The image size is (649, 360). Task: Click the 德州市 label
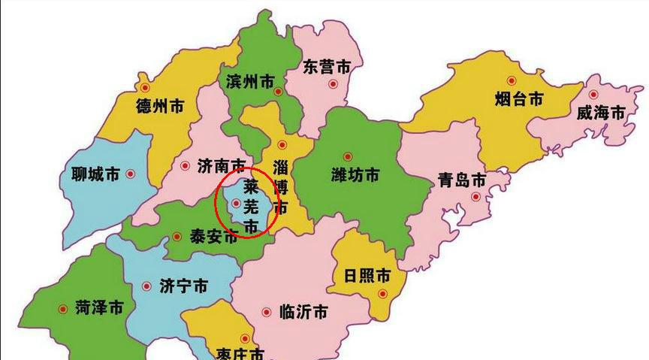(x=159, y=106)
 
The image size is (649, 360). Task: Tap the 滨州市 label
(x=249, y=82)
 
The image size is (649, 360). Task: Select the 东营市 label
(x=326, y=66)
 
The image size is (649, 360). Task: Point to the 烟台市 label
(x=519, y=98)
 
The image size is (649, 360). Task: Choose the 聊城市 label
(x=91, y=175)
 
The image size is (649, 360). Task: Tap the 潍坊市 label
(x=355, y=175)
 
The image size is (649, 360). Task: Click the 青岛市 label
(x=462, y=180)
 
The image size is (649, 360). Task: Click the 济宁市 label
(x=184, y=286)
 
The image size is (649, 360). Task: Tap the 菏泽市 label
(x=99, y=307)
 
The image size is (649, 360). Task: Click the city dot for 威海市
(x=593, y=95)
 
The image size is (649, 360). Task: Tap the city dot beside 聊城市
(x=130, y=174)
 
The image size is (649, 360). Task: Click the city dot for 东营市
(x=331, y=85)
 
